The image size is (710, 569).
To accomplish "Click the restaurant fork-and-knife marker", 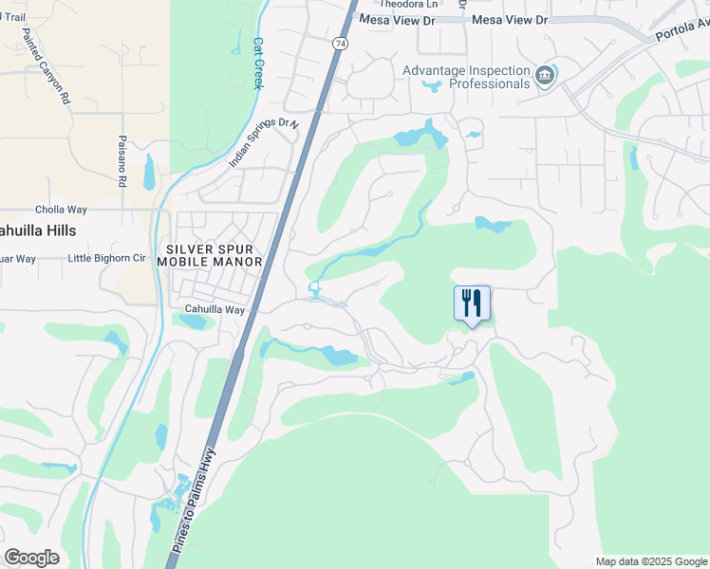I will (472, 303).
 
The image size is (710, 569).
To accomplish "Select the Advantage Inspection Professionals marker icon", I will (545, 76).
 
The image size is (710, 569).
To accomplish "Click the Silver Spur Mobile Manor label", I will (210, 253).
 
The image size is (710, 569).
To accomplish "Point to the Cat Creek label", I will (258, 63).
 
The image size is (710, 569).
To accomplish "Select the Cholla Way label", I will (61, 210).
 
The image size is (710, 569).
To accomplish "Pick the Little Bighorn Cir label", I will (107, 258).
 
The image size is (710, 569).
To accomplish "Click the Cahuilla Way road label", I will (215, 310).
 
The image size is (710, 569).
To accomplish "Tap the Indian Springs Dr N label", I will (264, 143).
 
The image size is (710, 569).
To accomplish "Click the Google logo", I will (31, 558).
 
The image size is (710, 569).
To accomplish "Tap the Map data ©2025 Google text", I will (651, 561).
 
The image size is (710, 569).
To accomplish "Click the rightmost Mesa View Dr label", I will (510, 20).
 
